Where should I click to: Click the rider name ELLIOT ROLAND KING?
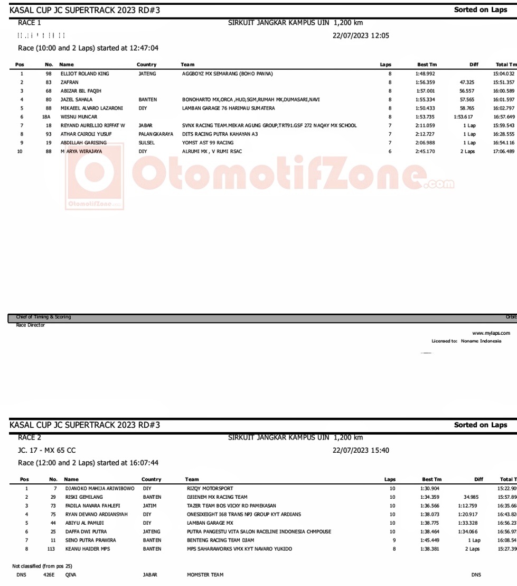tap(84, 74)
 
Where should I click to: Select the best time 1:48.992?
tap(425, 74)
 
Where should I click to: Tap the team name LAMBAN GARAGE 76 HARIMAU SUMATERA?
tap(228, 108)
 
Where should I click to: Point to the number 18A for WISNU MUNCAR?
tap(46, 116)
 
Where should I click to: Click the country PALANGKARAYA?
tap(156, 134)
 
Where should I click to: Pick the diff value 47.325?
tap(467, 82)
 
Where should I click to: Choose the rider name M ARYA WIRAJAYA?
tap(81, 151)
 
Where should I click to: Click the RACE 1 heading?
tap(30, 23)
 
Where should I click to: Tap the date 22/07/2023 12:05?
tap(361, 35)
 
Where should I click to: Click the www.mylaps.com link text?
tap(491, 333)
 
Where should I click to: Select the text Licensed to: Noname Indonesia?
tap(466, 341)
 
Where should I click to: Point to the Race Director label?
tap(31, 325)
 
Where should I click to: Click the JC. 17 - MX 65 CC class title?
tap(47, 450)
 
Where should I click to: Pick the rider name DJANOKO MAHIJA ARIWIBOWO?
tap(100, 488)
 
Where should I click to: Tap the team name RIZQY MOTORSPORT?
tap(210, 488)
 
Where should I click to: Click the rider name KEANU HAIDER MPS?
tap(87, 548)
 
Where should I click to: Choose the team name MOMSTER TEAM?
tap(205, 574)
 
